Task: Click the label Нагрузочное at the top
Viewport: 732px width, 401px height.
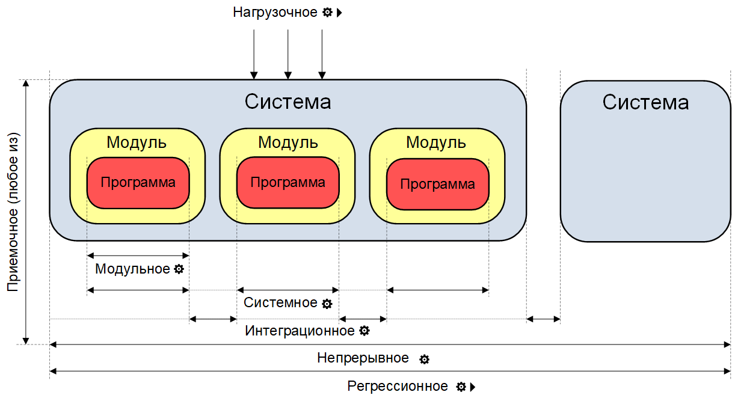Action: (275, 12)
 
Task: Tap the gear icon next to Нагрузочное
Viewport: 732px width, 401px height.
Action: (327, 12)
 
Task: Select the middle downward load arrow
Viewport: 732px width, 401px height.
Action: (288, 54)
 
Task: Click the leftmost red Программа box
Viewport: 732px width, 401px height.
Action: (138, 183)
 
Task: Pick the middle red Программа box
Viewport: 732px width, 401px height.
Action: (288, 183)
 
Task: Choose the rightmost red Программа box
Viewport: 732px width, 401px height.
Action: (437, 185)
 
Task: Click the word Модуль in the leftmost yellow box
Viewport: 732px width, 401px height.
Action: (137, 142)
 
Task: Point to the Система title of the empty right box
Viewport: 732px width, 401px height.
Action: (645, 102)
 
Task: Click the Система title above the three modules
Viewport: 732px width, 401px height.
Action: (288, 102)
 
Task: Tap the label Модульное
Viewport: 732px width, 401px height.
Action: (132, 269)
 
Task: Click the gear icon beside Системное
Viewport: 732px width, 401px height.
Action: (327, 304)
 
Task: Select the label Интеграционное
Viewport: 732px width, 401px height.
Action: (300, 331)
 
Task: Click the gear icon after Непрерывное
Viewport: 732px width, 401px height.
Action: (424, 360)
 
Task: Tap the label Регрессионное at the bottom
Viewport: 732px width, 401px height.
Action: (398, 386)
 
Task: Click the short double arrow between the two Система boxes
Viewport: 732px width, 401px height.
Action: (543, 319)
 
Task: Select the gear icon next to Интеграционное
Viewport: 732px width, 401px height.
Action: (364, 331)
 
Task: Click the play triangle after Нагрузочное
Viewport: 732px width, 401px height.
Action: (339, 12)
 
